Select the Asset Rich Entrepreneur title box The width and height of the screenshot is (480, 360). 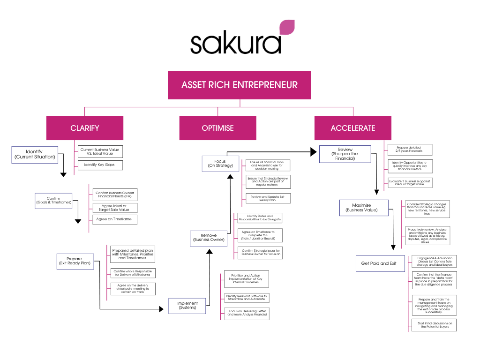[x=240, y=85]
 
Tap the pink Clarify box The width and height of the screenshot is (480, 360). [x=85, y=128]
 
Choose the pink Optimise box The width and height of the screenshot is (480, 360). [x=217, y=128]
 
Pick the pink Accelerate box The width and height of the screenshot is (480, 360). [x=353, y=128]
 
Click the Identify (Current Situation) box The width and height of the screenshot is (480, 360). [x=34, y=154]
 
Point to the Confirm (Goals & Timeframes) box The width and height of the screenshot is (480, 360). [x=54, y=201]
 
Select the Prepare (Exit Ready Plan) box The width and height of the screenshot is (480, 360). [x=74, y=262]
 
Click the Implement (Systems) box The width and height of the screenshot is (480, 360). [x=187, y=306]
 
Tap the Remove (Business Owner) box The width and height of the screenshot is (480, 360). [x=209, y=238]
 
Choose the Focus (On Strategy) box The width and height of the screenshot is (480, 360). [x=220, y=164]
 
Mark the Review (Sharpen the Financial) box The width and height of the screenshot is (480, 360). [x=345, y=154]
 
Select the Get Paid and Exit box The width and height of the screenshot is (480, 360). [x=379, y=263]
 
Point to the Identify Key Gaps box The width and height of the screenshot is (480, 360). [x=99, y=165]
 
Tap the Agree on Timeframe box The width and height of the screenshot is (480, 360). [x=114, y=219]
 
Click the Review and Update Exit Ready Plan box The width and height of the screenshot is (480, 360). [x=268, y=198]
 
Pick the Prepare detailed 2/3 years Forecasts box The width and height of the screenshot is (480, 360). [x=410, y=150]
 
